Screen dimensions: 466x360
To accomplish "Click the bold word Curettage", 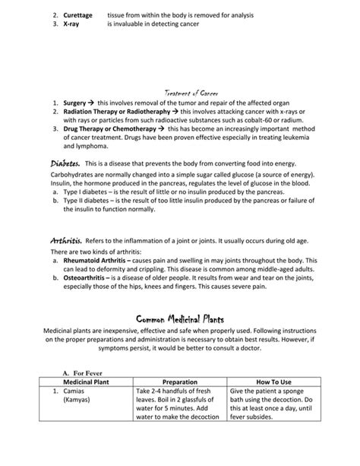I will (80, 15).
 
